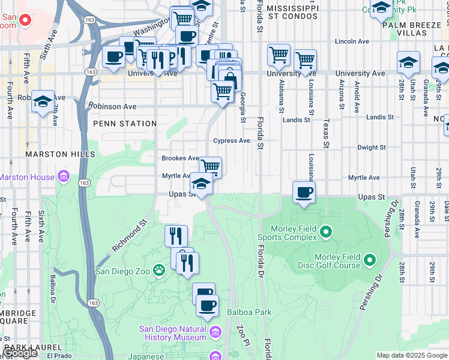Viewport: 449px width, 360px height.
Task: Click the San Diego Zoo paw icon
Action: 159,271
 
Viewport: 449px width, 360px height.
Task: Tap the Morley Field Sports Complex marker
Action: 326,231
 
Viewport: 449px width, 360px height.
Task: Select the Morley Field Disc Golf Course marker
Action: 369,260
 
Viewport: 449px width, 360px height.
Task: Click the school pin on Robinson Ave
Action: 43,101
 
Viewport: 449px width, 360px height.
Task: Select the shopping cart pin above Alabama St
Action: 279,55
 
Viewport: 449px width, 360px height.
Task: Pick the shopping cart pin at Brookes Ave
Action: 210,167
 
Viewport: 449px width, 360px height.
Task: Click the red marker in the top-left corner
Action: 25,19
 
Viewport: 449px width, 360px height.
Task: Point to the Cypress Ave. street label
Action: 233,140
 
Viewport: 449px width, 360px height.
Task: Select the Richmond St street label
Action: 129,238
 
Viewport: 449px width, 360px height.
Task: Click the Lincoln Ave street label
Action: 354,42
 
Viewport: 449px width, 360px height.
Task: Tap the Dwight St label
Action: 371,147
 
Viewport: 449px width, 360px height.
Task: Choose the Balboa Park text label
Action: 249,312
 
